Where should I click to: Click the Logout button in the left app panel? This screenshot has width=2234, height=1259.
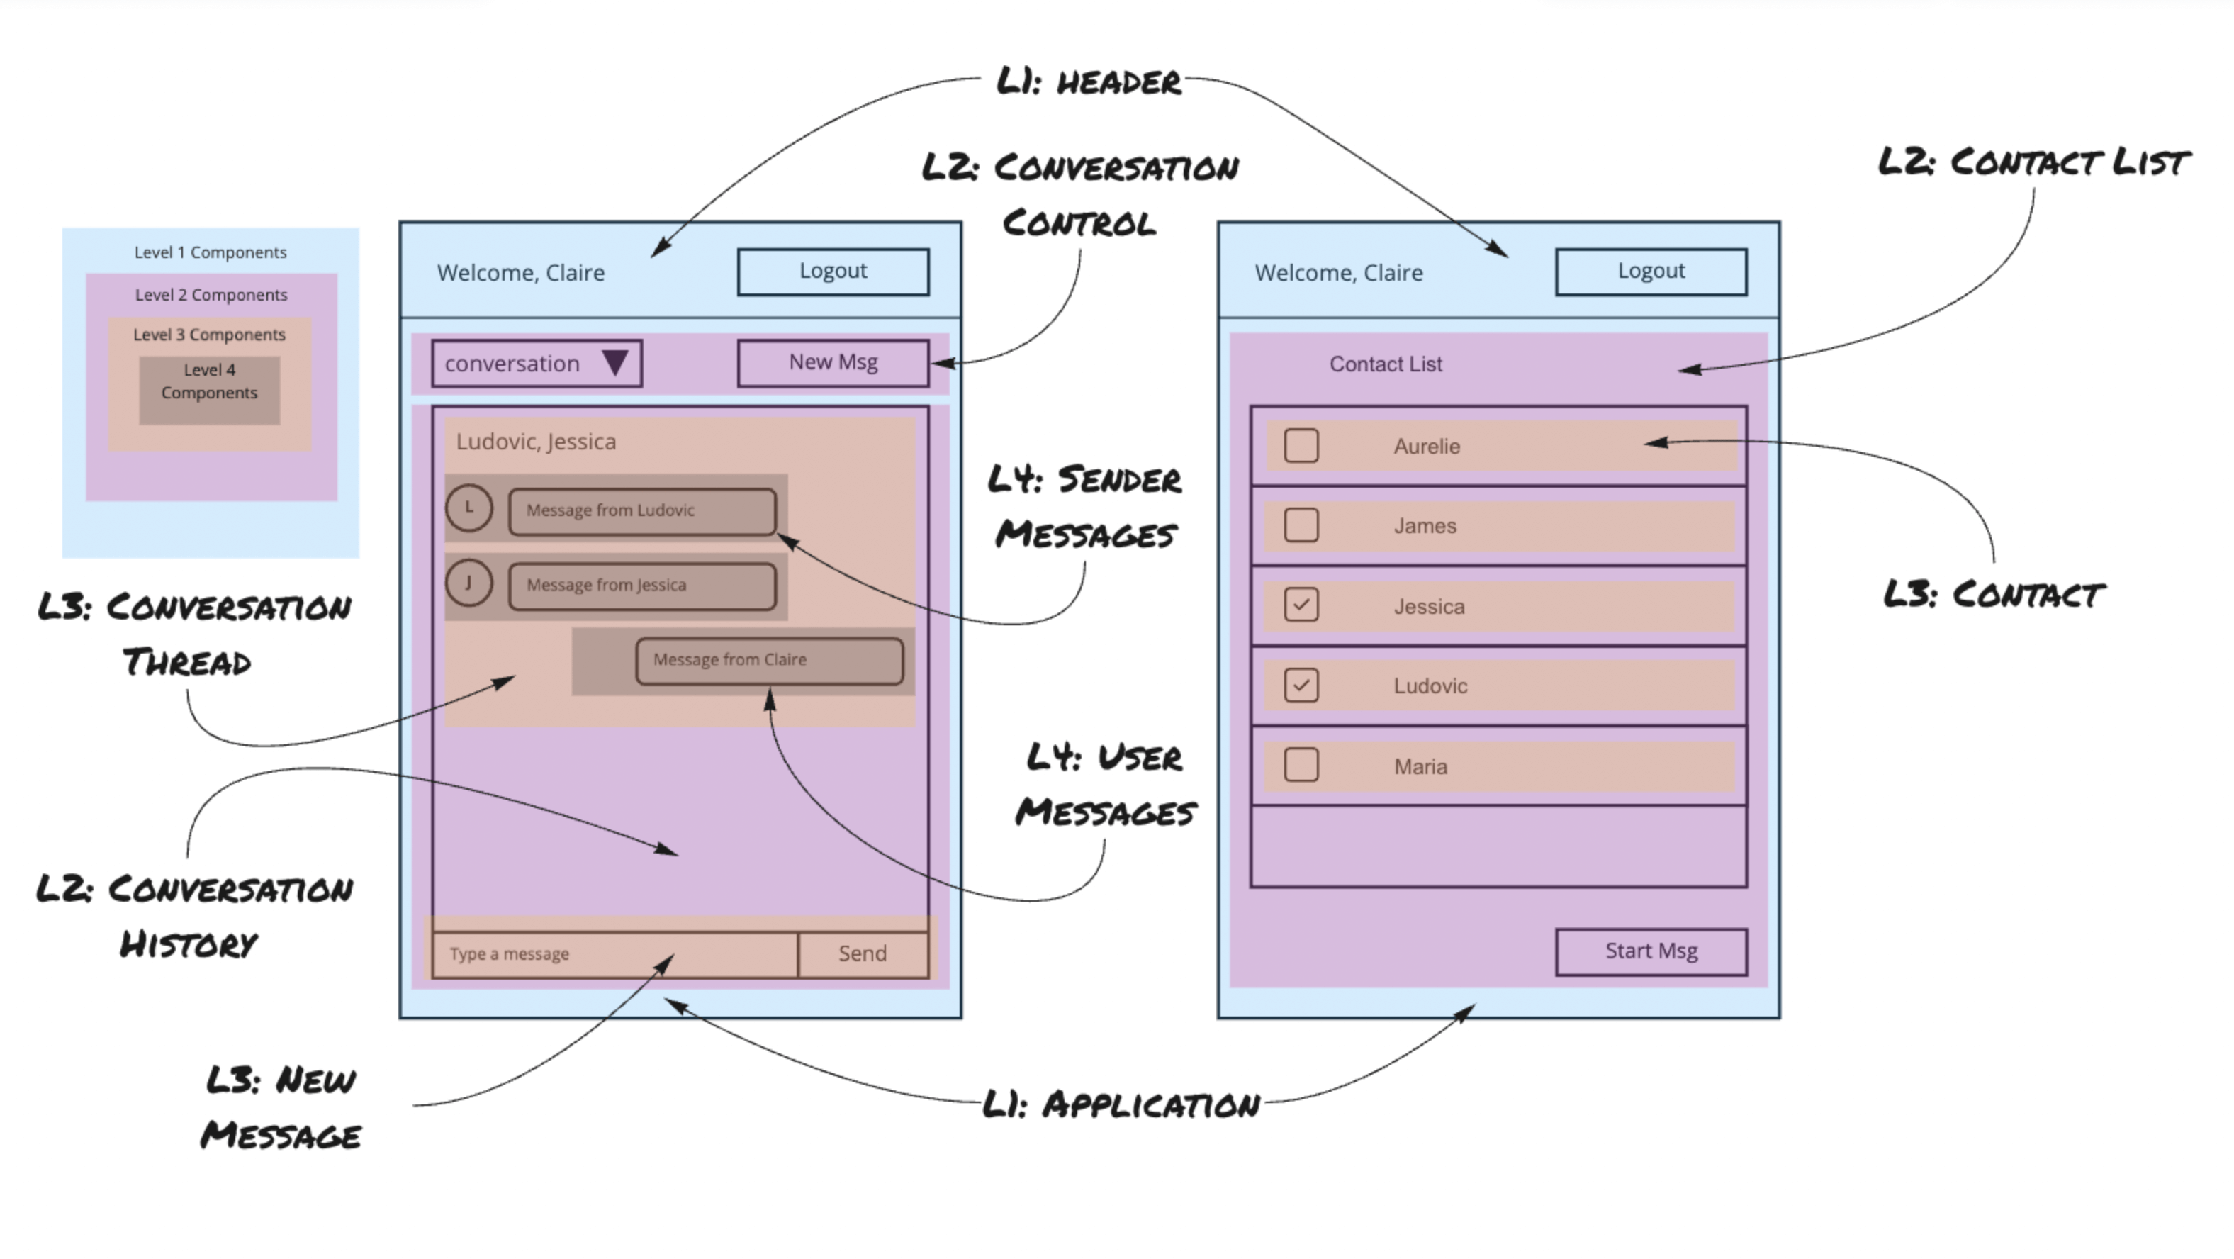[x=833, y=272]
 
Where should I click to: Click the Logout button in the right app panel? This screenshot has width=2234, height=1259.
[x=1651, y=272]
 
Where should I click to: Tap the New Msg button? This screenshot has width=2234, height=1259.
[x=833, y=363]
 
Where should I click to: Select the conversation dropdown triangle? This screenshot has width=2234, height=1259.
[x=615, y=363]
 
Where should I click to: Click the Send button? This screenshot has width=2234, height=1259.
[x=862, y=953]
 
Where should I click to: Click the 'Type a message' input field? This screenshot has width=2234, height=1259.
[x=614, y=953]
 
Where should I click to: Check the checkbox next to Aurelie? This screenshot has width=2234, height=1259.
[x=1301, y=446]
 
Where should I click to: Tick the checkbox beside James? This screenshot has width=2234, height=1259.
[x=1301, y=525]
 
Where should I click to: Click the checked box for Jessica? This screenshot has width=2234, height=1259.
[x=1301, y=605]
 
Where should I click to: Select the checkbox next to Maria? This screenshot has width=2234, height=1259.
[x=1301, y=766]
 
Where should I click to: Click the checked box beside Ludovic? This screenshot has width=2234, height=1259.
[x=1301, y=686]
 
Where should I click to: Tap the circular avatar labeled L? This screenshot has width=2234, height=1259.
[x=469, y=508]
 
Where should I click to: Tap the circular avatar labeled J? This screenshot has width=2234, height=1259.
[x=469, y=583]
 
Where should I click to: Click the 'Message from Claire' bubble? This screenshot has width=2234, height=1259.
[x=769, y=660]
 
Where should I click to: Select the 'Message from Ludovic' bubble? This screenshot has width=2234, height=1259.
[x=641, y=511]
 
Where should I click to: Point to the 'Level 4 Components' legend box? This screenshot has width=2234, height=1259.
[x=209, y=390]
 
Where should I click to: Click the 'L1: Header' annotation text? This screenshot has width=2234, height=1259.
[x=1089, y=82]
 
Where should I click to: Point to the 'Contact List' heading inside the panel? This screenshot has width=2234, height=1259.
[x=1385, y=364]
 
